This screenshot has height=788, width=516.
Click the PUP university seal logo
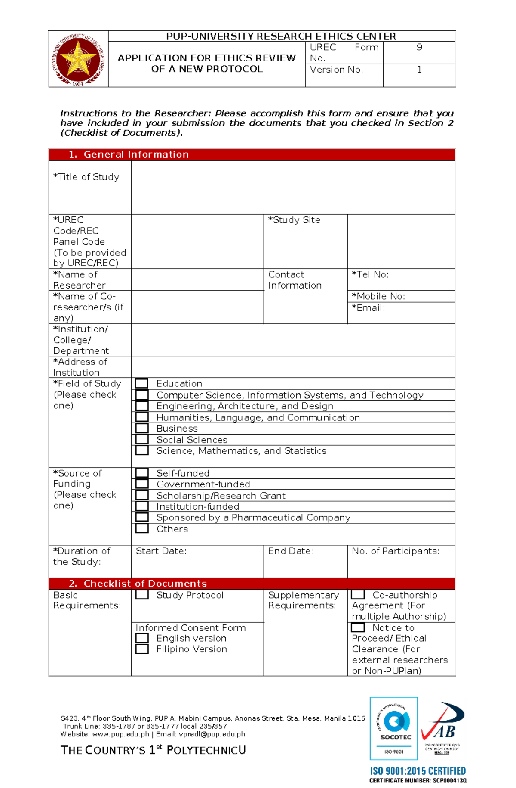pos(78,59)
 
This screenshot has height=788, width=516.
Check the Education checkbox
pos(142,383)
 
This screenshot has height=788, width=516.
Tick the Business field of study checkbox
pos(142,428)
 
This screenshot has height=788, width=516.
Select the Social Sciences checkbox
pos(142,439)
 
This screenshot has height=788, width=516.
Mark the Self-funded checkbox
pos(142,473)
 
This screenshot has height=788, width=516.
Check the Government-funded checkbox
pos(142,484)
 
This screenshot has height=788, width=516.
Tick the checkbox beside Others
pos(142,529)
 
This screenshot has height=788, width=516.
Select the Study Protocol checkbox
pos(142,595)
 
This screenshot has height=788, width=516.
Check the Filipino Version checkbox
pos(142,649)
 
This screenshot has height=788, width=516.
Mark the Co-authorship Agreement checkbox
pos(358,595)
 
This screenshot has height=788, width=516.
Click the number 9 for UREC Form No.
pos(419,47)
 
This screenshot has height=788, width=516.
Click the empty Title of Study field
pos(292,187)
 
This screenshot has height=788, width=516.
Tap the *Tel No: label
pos(370,274)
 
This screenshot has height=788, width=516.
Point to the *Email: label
pos(369,308)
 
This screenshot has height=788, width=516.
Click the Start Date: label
pos(161,551)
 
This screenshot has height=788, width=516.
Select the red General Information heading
pos(136,155)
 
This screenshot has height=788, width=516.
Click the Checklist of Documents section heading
pos(145,584)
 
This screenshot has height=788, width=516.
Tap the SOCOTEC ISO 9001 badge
pos(394,728)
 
